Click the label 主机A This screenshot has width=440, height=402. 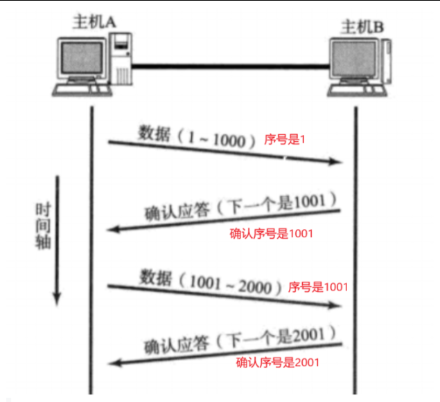click(94, 21)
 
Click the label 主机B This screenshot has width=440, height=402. click(363, 27)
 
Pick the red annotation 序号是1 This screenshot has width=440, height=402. click(285, 140)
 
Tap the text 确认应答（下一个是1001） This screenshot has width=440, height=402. click(240, 207)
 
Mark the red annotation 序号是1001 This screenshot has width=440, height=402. click(317, 286)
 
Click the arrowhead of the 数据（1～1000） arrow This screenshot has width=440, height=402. click(337, 162)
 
